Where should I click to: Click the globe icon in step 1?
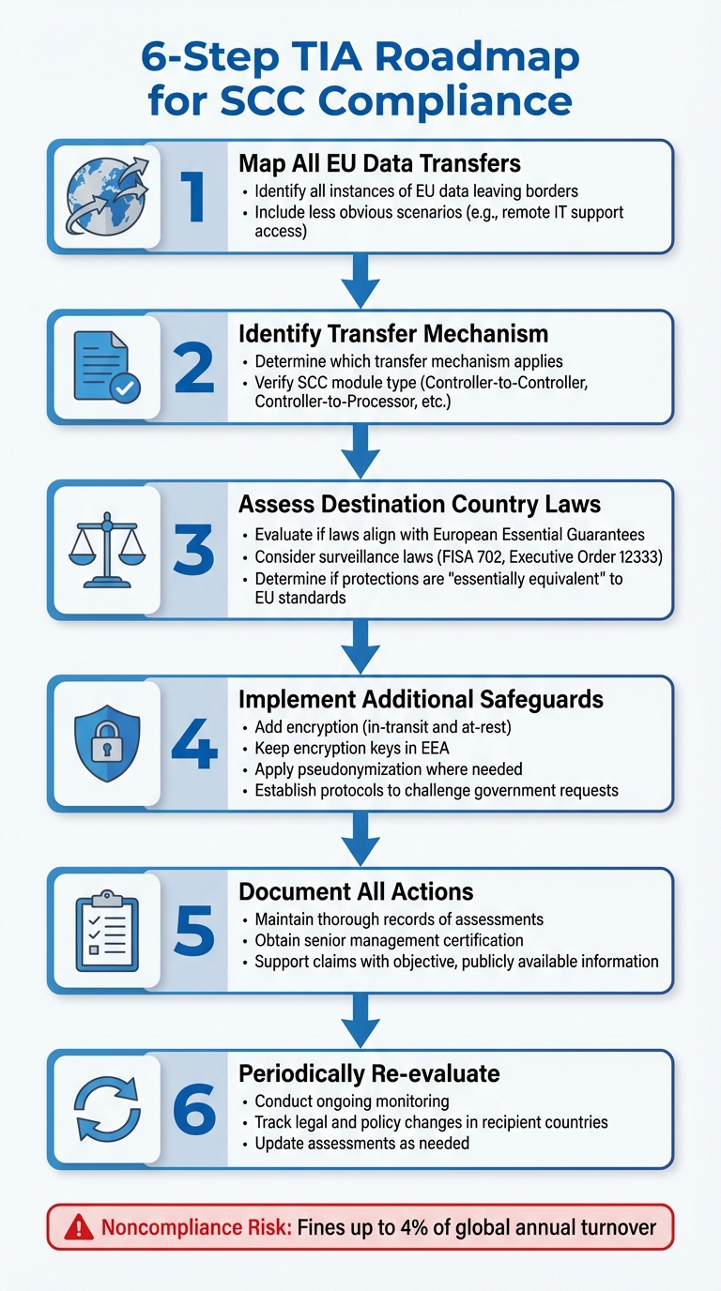105,196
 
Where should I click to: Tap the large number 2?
194,368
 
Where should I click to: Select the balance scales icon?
105,551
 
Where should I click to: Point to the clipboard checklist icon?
105,929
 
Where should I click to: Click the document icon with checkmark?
105,368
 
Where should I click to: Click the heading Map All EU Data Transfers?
379,164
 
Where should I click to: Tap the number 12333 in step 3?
642,556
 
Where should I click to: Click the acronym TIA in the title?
318,58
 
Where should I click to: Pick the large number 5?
194,929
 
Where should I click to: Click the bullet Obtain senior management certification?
389,940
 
